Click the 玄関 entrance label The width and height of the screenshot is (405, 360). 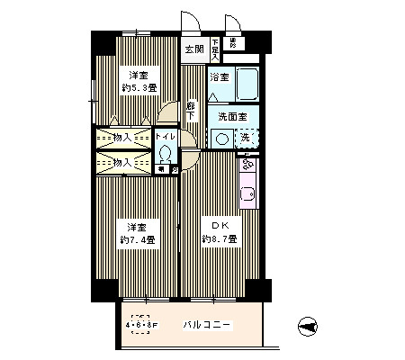tap(193, 49)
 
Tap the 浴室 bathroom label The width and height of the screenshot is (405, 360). tap(219, 77)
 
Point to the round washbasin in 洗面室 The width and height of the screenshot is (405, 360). tap(220, 139)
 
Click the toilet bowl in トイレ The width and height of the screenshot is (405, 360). tap(164, 152)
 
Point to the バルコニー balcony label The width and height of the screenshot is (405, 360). tap(210, 324)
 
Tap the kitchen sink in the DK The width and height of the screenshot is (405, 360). tap(247, 193)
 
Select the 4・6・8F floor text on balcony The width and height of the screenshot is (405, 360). tap(140, 325)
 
